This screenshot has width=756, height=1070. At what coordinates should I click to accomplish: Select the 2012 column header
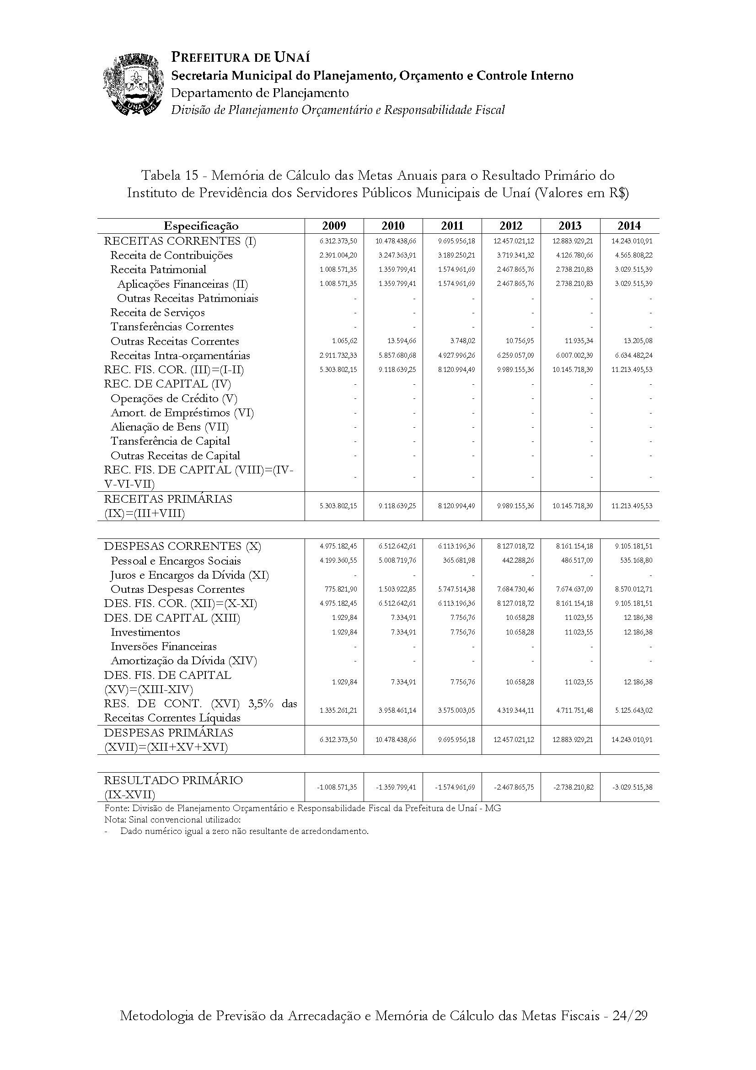pyautogui.click(x=511, y=226)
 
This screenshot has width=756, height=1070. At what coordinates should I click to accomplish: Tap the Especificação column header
pyautogui.click(x=201, y=226)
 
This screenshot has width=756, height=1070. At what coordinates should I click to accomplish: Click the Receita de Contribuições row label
pyautogui.click(x=172, y=255)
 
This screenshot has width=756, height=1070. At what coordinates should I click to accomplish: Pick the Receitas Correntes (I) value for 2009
pyautogui.click(x=338, y=241)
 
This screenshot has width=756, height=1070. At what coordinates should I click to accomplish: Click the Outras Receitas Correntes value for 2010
pyautogui.click(x=398, y=341)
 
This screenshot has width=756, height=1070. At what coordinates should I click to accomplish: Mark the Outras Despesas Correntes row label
pyautogui.click(x=177, y=589)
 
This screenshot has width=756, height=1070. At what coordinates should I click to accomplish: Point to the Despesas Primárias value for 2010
pyautogui.click(x=396, y=740)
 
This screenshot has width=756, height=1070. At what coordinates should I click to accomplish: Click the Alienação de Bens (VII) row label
pyautogui.click(x=170, y=427)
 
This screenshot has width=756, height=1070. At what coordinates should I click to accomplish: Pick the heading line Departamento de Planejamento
pyautogui.click(x=260, y=93)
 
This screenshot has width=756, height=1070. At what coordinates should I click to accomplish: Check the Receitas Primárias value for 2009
pyautogui.click(x=338, y=505)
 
